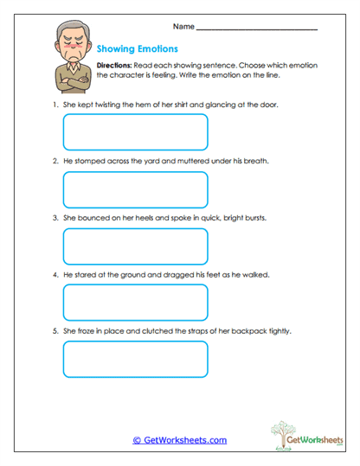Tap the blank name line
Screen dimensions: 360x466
[x=258, y=29]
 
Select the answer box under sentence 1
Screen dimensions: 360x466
[x=136, y=132]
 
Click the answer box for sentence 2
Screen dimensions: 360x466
[x=136, y=189]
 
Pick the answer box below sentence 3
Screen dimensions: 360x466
[x=136, y=246]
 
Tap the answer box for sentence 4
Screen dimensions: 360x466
[x=136, y=303]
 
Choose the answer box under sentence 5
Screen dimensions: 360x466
[x=136, y=360]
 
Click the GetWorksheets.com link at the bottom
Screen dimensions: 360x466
[x=179, y=440]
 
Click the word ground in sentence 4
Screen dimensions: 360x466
[x=132, y=274]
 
